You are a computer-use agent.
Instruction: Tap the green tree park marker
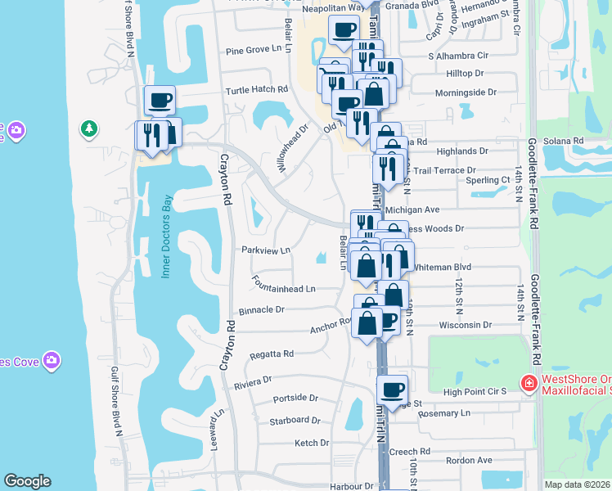(x=88, y=128)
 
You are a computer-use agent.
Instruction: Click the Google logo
(x=27, y=481)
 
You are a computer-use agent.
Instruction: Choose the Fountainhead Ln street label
(x=284, y=289)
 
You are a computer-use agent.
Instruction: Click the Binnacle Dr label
(x=261, y=310)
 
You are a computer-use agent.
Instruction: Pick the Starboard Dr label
(x=295, y=420)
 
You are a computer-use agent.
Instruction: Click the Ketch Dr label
(x=312, y=443)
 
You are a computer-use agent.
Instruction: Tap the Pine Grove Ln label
(x=259, y=50)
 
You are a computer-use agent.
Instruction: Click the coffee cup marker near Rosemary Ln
(x=392, y=390)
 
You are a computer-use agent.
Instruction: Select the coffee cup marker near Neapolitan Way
(x=344, y=30)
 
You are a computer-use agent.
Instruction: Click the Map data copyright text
(x=578, y=484)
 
